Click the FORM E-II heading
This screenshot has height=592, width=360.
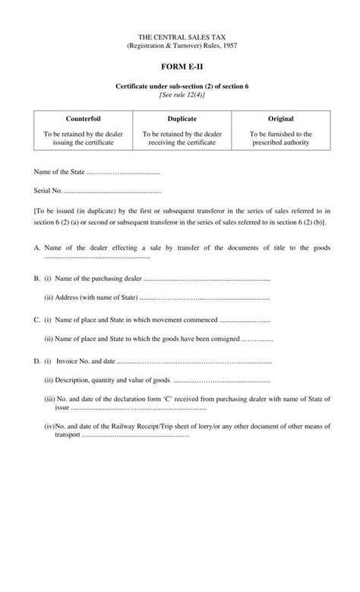(180, 67)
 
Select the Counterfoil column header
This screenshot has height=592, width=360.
(83, 120)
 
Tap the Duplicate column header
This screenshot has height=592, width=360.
(182, 120)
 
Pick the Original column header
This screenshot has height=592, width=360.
(280, 120)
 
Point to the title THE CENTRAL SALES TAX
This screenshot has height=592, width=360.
(181, 36)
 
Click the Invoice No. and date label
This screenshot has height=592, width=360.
(84, 361)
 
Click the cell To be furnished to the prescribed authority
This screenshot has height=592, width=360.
(280, 138)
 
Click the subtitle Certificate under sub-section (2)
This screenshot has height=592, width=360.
(182, 87)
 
